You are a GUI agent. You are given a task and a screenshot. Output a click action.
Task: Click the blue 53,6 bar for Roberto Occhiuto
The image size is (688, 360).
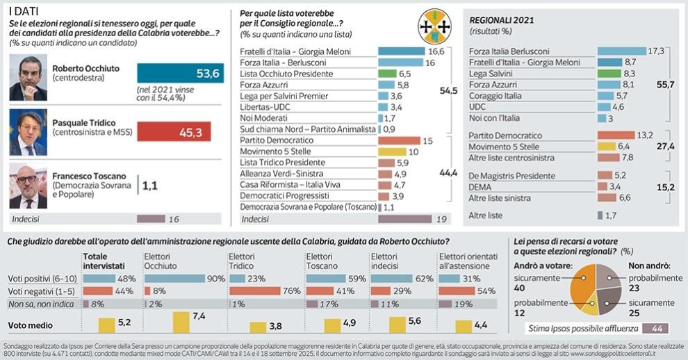[x=180, y=74]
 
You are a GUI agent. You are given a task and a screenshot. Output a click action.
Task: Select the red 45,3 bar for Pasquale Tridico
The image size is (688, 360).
[x=173, y=131]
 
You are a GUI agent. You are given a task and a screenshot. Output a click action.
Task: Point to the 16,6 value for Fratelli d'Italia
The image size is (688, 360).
[x=436, y=51]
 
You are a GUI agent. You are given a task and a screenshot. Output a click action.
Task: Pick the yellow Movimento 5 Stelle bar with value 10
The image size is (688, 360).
[x=391, y=152]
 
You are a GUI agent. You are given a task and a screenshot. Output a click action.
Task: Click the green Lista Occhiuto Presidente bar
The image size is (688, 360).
[x=387, y=74]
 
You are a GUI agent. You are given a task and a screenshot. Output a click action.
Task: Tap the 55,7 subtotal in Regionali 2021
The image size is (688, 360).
[x=665, y=84]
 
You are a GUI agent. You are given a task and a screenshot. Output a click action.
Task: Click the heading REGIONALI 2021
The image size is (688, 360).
[x=502, y=21]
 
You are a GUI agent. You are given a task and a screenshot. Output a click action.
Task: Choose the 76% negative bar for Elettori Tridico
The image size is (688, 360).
[x=254, y=291]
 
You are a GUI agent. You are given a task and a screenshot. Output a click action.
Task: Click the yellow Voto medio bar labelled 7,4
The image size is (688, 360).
[x=181, y=322]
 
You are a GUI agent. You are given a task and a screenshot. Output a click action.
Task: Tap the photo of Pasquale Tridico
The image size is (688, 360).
[x=28, y=132]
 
